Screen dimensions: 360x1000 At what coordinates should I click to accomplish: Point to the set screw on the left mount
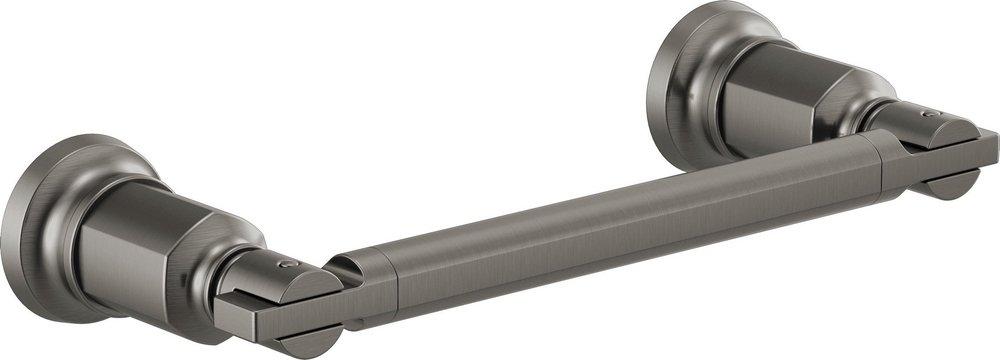point(288,265)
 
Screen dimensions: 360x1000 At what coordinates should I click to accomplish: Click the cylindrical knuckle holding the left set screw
point(265,275)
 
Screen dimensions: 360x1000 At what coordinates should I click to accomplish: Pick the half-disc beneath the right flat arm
point(950,185)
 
